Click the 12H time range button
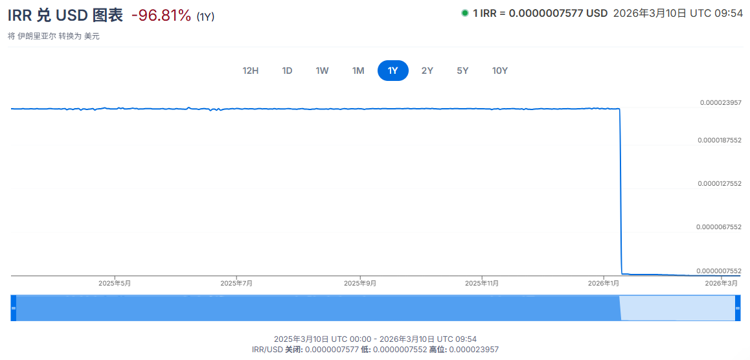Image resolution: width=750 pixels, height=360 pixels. (x=251, y=71)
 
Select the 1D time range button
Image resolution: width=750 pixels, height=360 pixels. (x=287, y=71)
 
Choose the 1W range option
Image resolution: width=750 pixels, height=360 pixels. (x=322, y=71)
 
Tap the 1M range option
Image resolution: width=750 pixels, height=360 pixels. (x=358, y=71)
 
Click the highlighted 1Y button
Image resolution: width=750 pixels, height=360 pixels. (x=392, y=71)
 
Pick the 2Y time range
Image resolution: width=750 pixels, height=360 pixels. (x=427, y=71)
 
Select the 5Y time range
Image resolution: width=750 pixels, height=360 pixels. (x=462, y=71)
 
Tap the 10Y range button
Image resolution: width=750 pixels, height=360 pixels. (x=500, y=71)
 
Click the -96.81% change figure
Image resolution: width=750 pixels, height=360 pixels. (x=161, y=16)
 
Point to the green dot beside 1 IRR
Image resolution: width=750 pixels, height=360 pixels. (x=464, y=13)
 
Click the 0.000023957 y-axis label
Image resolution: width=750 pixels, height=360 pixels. (x=720, y=102)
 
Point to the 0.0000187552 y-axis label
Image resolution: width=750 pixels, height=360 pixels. (x=719, y=140)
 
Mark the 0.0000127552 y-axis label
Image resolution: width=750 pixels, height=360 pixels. (x=719, y=183)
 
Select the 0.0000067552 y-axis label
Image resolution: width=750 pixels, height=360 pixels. (x=719, y=227)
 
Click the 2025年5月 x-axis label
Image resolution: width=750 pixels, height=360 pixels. (x=115, y=283)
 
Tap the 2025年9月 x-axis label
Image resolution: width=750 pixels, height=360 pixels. (x=360, y=283)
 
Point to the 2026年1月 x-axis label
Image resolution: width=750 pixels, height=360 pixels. (x=604, y=283)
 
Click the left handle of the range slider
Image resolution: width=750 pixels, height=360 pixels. (x=13, y=308)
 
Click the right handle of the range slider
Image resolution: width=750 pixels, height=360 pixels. (x=737, y=308)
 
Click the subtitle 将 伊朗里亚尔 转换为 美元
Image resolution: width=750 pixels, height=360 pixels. (x=54, y=36)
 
